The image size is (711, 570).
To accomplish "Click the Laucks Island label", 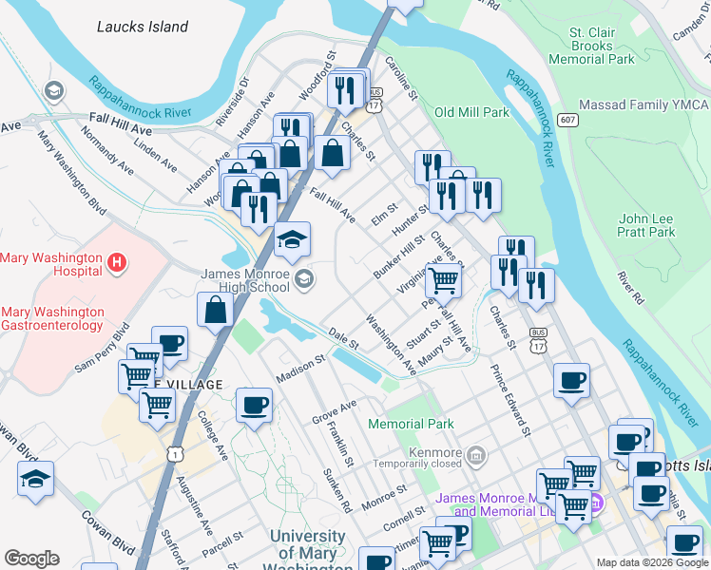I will tap(143, 27).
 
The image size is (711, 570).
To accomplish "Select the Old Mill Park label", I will tap(472, 112).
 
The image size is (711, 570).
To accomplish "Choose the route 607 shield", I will tap(568, 120).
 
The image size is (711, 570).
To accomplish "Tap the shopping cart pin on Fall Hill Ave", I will tap(443, 280).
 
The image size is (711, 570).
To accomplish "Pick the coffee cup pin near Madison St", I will tap(254, 404).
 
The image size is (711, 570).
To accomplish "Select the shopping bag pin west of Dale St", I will tap(216, 308).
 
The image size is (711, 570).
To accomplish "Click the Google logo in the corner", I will tap(31, 559).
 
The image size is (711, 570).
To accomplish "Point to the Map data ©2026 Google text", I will tap(651, 562).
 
